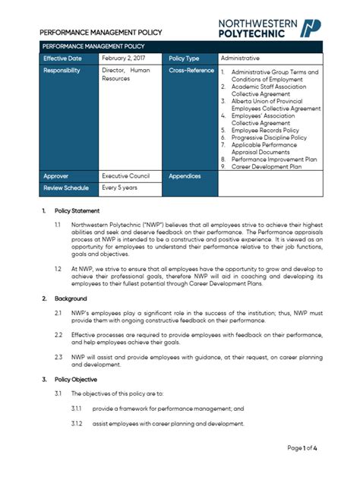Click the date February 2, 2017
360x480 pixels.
pos(125,58)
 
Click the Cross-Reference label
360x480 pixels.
pos(192,71)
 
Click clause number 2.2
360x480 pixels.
pos(58,334)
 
